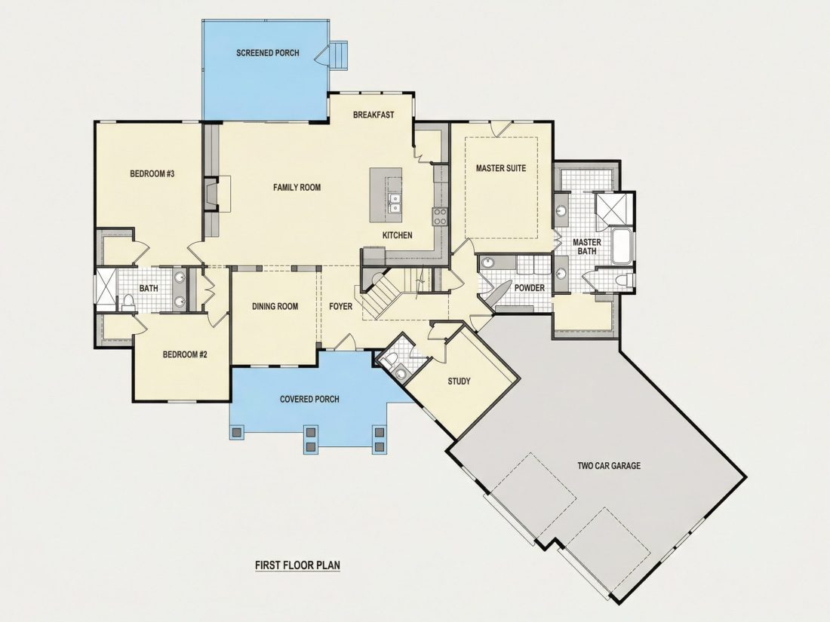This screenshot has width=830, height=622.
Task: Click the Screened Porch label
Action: (267, 53)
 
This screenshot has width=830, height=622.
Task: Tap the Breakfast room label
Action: (373, 115)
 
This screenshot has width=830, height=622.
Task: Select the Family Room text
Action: (297, 187)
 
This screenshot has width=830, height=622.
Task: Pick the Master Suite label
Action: (501, 168)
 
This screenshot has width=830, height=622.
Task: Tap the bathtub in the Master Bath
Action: (621, 246)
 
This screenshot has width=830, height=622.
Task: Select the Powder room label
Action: (530, 288)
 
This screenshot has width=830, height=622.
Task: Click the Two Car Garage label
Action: (609, 466)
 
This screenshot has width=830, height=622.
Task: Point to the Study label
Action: (459, 381)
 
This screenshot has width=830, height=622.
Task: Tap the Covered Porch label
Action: (309, 400)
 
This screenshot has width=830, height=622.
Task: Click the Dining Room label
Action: (275, 306)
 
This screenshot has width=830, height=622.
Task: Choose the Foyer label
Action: (340, 306)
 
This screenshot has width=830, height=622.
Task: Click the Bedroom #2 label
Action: (185, 354)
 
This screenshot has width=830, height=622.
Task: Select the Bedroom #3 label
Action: (152, 173)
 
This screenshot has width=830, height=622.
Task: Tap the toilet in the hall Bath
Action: (128, 302)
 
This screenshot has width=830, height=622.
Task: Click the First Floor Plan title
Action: (297, 565)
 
